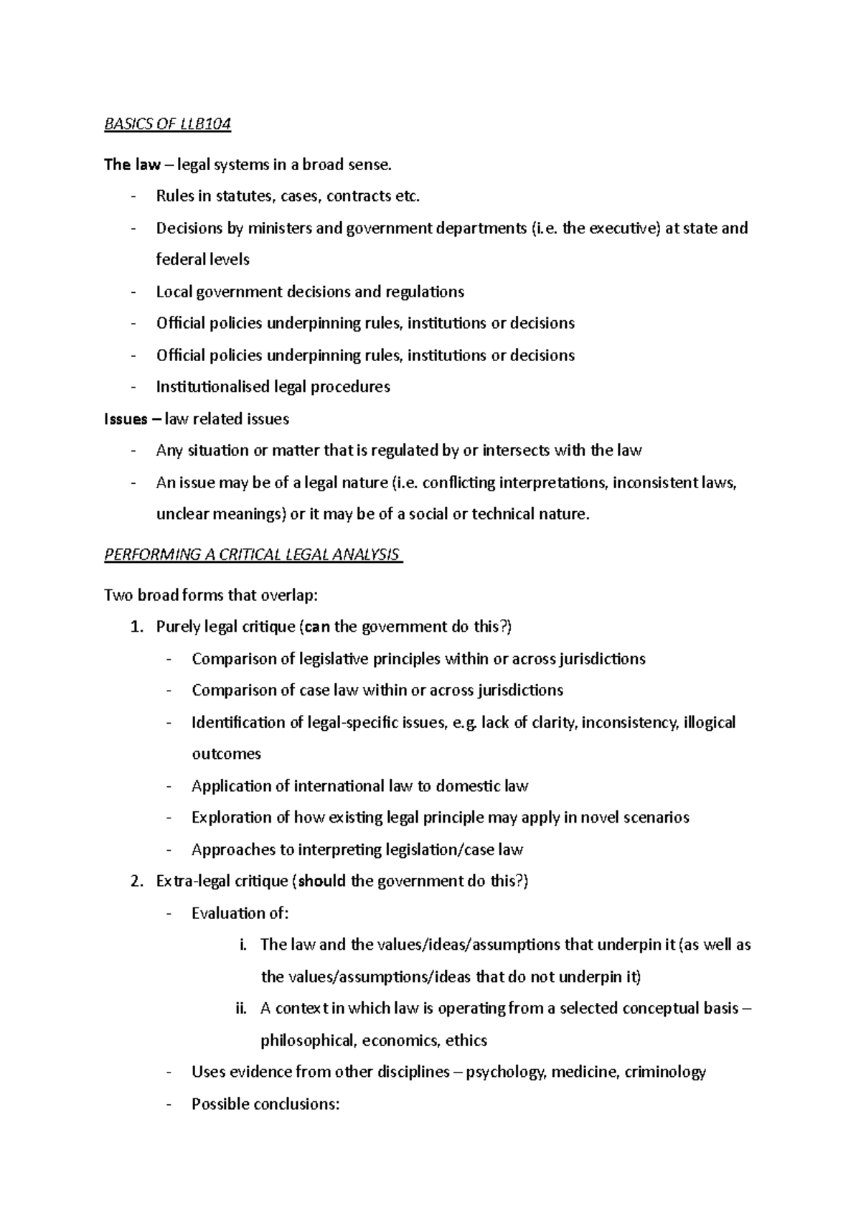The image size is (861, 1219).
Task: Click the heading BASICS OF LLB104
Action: [x=167, y=124]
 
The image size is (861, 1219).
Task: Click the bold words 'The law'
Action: [x=132, y=165]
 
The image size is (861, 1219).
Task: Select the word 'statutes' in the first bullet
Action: [x=243, y=196]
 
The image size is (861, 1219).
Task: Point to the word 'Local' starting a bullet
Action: [x=173, y=291]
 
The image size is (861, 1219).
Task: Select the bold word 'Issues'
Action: [x=126, y=419]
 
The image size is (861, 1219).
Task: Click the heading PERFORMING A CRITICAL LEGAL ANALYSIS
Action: [x=253, y=555]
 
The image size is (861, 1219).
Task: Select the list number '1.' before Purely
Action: [x=138, y=627]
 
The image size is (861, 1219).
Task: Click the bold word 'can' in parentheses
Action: [x=318, y=627]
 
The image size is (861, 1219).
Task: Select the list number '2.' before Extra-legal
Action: [x=138, y=882]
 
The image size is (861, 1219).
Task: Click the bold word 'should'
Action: [x=321, y=882]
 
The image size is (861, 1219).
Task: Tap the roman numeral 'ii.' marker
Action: [x=240, y=1009]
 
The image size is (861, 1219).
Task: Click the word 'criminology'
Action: [x=665, y=1073]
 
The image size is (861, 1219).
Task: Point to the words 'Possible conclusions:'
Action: [x=265, y=1104]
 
